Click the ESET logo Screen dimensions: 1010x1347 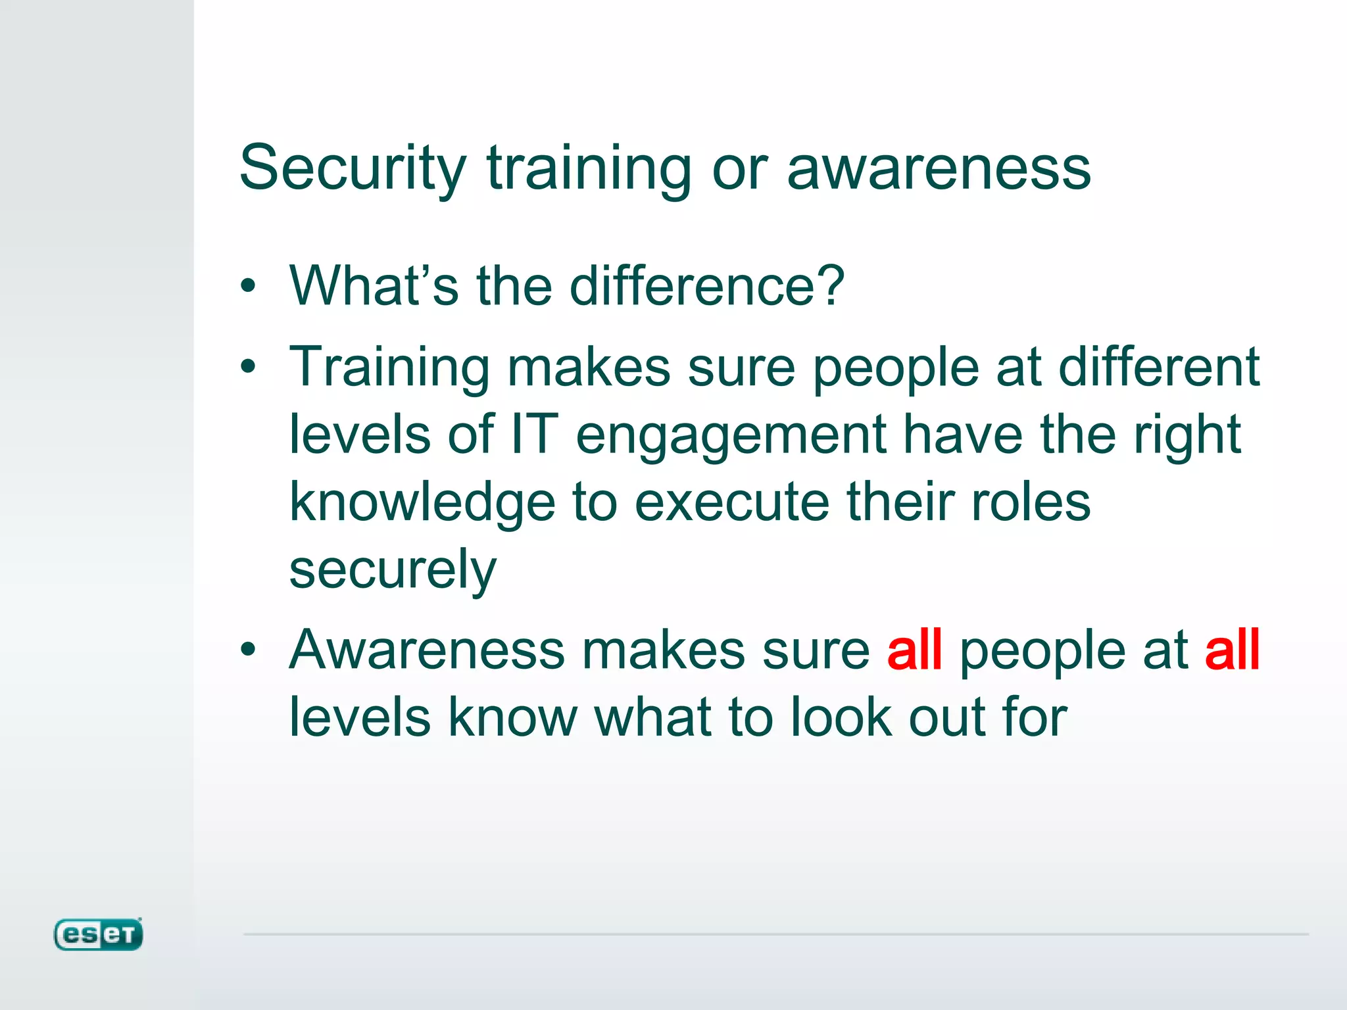(x=98, y=934)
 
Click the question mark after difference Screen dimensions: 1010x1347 (x=831, y=285)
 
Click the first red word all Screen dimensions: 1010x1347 (x=914, y=650)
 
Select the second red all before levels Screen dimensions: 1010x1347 (x=1232, y=650)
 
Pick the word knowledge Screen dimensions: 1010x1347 (x=422, y=504)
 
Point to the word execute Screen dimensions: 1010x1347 (x=731, y=502)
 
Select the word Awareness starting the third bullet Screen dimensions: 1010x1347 (x=427, y=650)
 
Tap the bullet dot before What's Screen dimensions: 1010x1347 (x=247, y=286)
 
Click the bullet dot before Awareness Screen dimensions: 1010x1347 (x=247, y=650)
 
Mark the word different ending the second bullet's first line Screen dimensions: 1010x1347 (x=1159, y=366)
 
